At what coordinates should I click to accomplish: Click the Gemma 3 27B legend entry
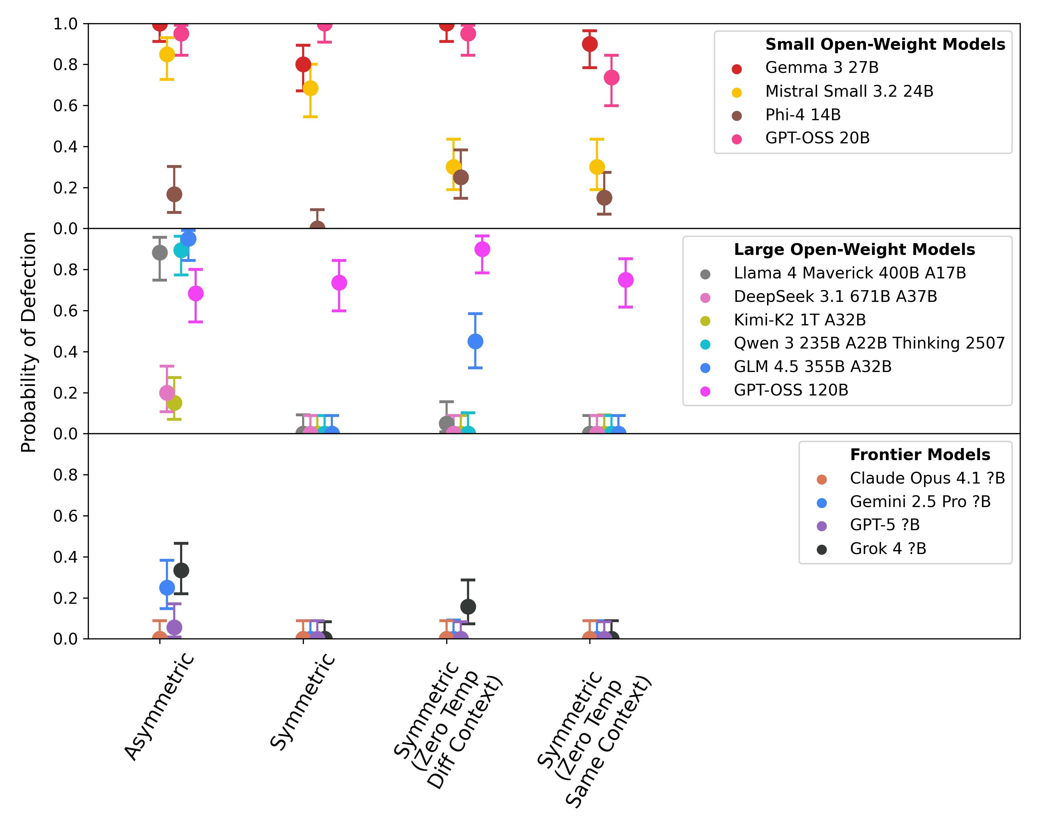822,68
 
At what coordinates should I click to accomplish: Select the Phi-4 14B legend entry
803,115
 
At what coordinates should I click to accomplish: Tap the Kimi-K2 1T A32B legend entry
800,320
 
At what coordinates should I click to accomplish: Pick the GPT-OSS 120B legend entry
791,390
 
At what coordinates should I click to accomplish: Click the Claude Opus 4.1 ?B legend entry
927,479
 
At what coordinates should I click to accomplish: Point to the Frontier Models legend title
919,455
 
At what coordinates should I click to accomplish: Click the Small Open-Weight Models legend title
885,44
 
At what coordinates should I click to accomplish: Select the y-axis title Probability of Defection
29,342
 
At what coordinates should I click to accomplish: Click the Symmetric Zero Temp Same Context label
594,740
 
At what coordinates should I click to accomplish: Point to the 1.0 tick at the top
65,23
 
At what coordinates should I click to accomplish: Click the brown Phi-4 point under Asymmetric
174,194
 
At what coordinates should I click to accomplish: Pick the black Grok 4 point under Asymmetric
181,570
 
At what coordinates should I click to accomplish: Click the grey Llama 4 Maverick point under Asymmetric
160,252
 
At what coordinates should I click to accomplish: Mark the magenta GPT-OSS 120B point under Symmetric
339,283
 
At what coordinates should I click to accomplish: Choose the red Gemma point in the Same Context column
590,44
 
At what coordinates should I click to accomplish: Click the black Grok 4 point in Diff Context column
468,607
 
